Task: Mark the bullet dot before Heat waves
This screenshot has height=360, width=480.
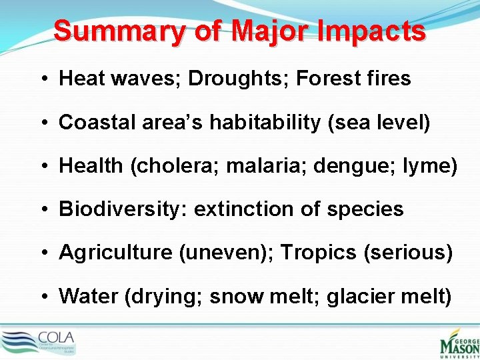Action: [42, 79]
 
